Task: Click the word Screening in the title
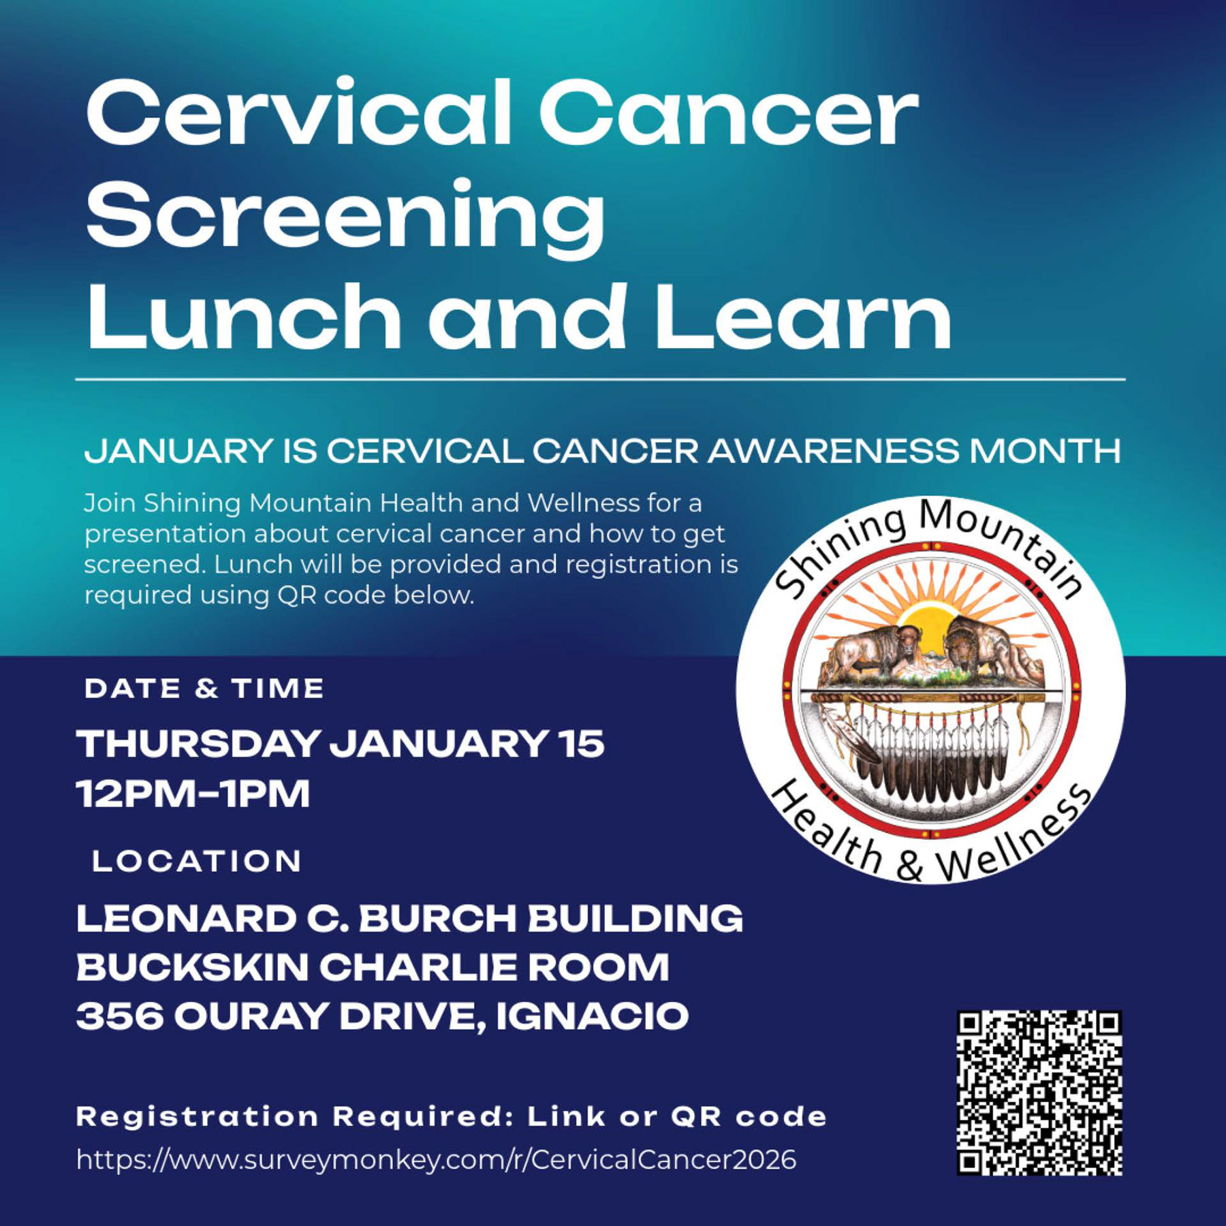point(345,218)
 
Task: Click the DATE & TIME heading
point(204,689)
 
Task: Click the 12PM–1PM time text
point(193,793)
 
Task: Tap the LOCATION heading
point(197,862)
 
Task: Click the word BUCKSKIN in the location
point(192,967)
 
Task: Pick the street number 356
point(120,1016)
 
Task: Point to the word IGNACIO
point(592,1016)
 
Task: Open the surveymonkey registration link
point(436,1159)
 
